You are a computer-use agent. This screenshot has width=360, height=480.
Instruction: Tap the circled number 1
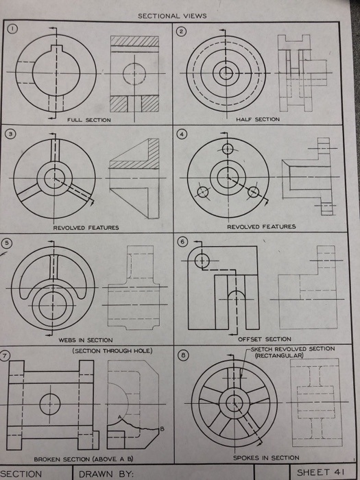(12, 28)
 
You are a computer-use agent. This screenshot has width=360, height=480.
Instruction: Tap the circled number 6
(182, 243)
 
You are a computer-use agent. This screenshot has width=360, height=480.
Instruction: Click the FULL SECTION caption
(88, 120)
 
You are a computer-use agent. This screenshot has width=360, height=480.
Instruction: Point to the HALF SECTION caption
(257, 119)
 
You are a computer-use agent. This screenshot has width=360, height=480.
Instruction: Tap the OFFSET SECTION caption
(264, 339)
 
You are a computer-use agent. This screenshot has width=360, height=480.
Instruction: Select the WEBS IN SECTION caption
(86, 339)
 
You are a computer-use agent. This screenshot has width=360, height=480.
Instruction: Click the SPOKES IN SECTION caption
(266, 457)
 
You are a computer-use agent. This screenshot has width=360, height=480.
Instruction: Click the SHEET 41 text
(319, 472)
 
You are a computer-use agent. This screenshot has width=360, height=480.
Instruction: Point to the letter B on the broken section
(161, 429)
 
